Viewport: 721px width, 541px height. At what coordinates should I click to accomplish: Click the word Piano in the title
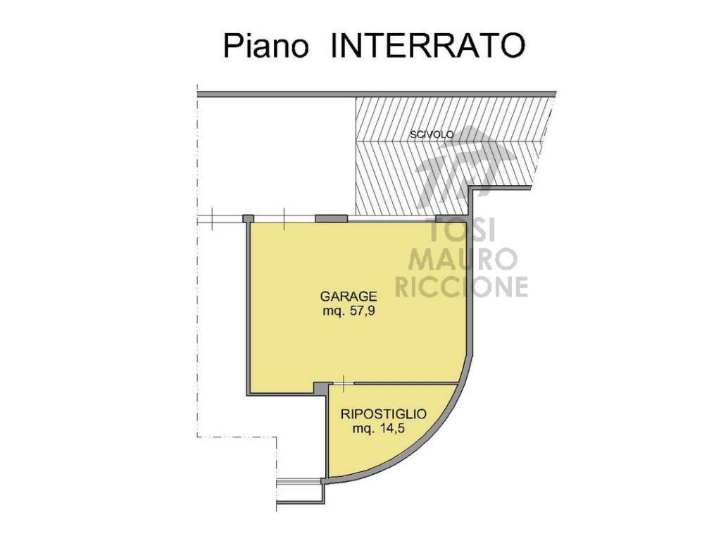tap(265, 45)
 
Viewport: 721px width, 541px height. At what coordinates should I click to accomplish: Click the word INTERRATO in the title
tap(427, 45)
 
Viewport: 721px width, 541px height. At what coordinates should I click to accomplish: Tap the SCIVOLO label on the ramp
tap(432, 135)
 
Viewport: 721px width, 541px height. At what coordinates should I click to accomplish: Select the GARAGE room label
tap(348, 296)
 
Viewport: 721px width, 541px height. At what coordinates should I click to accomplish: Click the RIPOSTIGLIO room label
tap(383, 414)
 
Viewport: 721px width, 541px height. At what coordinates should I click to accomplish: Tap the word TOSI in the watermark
tap(461, 230)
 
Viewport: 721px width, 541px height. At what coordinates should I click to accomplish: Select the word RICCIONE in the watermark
tap(461, 287)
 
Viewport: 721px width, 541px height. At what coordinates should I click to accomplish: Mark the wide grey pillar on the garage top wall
tap(331, 218)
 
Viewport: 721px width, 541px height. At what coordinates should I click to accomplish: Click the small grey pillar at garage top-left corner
tap(248, 218)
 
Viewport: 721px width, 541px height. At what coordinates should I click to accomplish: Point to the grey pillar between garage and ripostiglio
tap(321, 388)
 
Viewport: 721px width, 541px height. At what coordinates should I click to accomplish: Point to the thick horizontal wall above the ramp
tap(377, 94)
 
